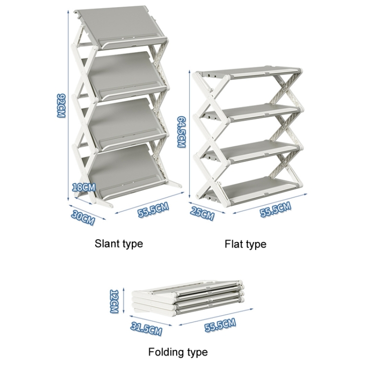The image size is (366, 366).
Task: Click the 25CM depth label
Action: [x=202, y=214]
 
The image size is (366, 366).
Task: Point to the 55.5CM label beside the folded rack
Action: [x=220, y=324]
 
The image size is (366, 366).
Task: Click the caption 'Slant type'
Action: [x=119, y=244]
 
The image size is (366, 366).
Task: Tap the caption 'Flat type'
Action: [x=245, y=244]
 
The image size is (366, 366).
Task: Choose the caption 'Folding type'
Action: [x=178, y=352]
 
